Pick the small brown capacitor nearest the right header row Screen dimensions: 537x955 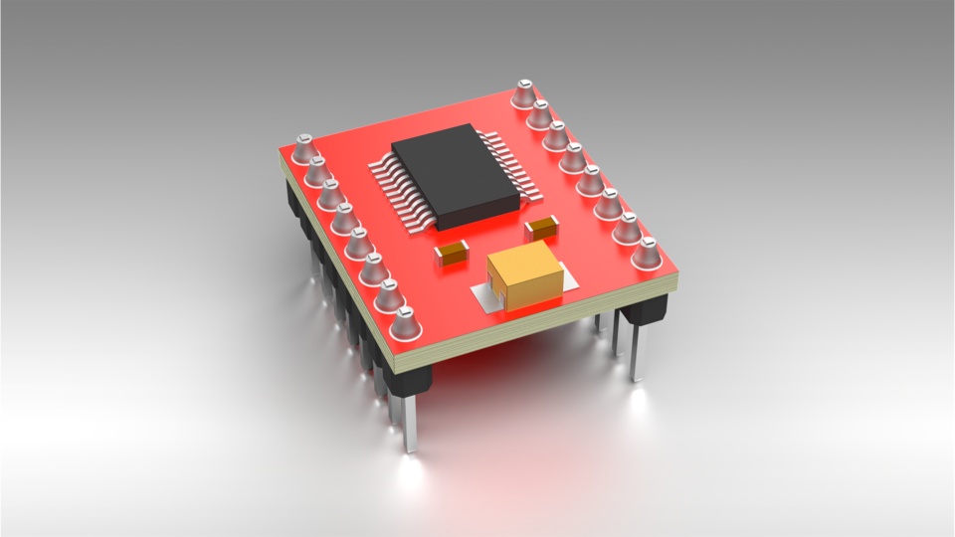pos(543,227)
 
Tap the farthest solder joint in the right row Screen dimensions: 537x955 pos(524,94)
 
